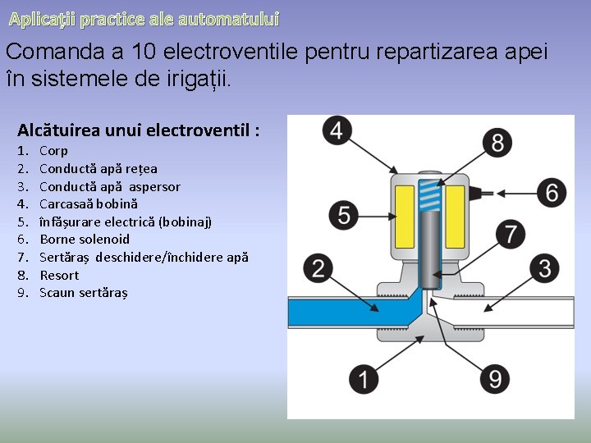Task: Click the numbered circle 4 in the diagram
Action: [x=337, y=130]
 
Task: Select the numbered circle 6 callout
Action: [x=552, y=193]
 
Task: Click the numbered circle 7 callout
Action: [x=511, y=234]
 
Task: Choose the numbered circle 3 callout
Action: [x=545, y=267]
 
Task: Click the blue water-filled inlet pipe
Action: [x=345, y=313]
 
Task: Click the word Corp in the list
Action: [x=54, y=151]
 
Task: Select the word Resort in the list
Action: [x=59, y=275]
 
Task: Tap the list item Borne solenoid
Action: [x=85, y=240]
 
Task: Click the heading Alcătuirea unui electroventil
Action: [x=138, y=130]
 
